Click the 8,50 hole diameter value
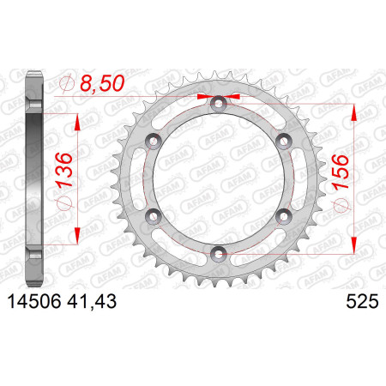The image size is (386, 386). pyautogui.click(x=102, y=83)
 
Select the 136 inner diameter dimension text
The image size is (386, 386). pyautogui.click(x=63, y=170)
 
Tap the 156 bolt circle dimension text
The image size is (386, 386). pyautogui.click(x=341, y=172)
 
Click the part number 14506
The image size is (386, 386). pyautogui.click(x=34, y=301)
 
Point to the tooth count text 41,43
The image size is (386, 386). pyautogui.click(x=92, y=302)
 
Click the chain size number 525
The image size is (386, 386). pyautogui.click(x=362, y=301)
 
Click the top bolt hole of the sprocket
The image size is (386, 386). pyautogui.click(x=218, y=104)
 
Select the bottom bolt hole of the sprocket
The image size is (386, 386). pyautogui.click(x=218, y=254)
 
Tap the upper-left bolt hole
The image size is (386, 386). pyautogui.click(x=154, y=141)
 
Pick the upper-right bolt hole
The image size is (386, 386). pyautogui.click(x=283, y=141)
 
